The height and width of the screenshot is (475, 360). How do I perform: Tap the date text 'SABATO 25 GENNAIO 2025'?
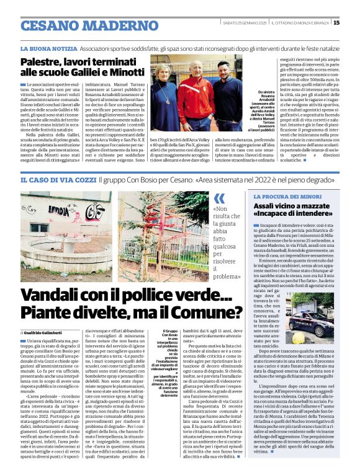click(246, 24)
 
